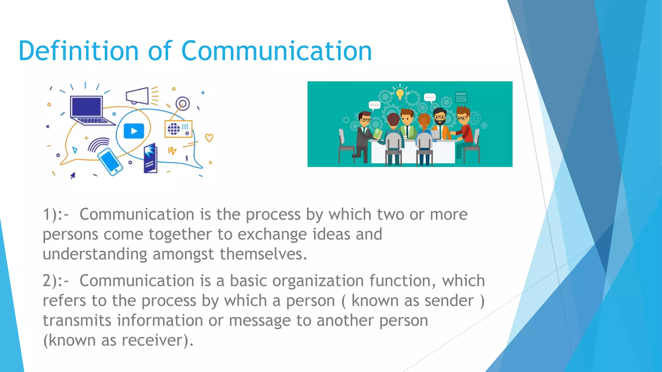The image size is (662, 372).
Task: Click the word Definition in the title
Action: tap(79, 51)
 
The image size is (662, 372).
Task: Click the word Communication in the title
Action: tap(276, 51)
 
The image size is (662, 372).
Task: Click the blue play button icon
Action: tap(134, 131)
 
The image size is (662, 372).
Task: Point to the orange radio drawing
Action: tap(178, 129)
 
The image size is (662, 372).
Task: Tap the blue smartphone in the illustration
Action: tap(110, 161)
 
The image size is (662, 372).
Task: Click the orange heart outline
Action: tap(209, 138)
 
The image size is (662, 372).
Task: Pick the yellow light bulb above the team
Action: tap(400, 94)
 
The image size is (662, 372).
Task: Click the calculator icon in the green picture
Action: tap(461, 97)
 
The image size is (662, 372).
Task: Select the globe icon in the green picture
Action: tap(475, 118)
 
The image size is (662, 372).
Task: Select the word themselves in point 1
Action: tap(263, 254)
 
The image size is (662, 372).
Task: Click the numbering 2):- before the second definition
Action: tap(56, 281)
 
